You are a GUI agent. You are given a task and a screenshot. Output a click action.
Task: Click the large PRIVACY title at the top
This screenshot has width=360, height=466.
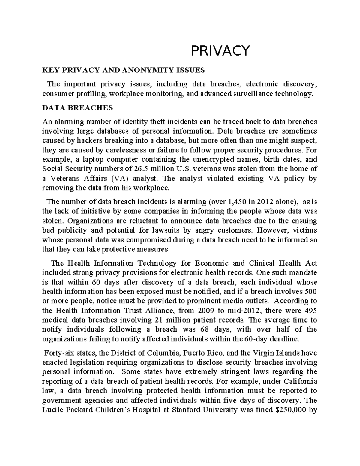pos(220,50)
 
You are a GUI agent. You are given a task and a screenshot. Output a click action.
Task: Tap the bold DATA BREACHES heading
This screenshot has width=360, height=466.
pos(77,108)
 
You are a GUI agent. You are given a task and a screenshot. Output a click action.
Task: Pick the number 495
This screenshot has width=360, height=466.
pos(310,310)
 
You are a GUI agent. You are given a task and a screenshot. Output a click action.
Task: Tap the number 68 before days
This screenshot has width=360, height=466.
pos(205,329)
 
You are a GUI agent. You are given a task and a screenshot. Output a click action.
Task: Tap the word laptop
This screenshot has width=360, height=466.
pos(84,159)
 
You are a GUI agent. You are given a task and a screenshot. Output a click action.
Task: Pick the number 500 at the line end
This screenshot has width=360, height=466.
pos(311,292)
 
